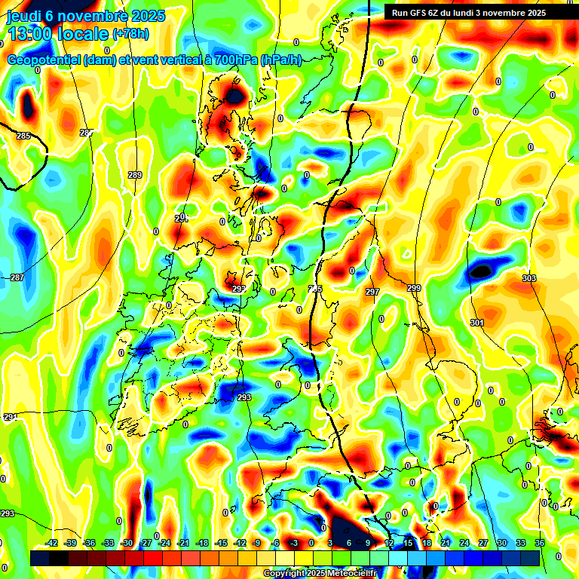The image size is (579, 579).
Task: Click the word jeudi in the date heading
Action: click(24, 16)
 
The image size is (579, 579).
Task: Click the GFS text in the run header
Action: click(421, 13)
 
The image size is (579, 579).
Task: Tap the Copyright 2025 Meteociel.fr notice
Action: click(320, 574)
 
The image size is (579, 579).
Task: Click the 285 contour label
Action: click(23, 136)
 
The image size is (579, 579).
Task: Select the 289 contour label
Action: click(135, 175)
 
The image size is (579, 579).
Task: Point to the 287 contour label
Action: click(17, 277)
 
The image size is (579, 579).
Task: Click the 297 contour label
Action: click(372, 292)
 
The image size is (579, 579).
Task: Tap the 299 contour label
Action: click(414, 289)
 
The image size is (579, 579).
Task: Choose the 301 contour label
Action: click(477, 323)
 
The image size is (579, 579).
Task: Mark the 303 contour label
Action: click(529, 279)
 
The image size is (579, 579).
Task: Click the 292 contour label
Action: click(238, 289)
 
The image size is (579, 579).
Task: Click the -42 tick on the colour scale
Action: click(52, 543)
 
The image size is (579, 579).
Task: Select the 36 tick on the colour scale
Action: click(540, 543)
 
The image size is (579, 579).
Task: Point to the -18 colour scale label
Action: click(201, 543)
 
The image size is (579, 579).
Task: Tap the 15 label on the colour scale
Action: click(407, 543)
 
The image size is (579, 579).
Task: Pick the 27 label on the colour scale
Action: click(482, 543)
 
